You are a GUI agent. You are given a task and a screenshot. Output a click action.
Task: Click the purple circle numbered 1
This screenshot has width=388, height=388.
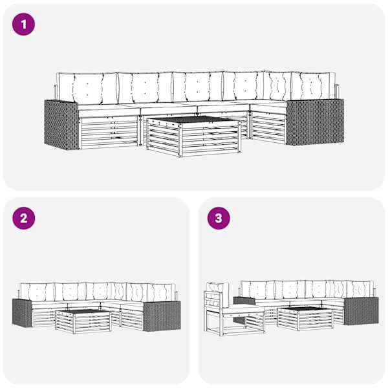(x=23, y=25)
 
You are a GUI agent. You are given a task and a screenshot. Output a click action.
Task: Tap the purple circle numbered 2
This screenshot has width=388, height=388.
(x=23, y=218)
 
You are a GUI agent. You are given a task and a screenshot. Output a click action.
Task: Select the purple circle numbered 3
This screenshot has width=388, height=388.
(x=219, y=218)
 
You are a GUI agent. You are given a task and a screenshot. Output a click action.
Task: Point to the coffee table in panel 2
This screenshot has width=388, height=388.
(x=83, y=321)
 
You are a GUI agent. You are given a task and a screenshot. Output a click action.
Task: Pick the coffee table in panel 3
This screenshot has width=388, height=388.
(x=305, y=318)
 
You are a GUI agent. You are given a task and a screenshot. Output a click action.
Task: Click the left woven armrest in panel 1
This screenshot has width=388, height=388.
(x=61, y=125)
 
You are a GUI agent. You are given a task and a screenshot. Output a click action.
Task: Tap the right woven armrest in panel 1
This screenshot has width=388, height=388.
(x=315, y=122)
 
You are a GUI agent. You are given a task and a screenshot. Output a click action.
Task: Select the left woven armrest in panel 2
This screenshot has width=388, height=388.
(x=22, y=313)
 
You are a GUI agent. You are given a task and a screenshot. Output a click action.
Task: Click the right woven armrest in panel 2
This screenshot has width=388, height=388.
(x=162, y=316)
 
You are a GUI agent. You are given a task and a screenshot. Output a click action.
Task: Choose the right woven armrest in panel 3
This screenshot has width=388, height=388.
(x=361, y=311)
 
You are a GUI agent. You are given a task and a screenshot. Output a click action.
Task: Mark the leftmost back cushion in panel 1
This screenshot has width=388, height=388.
(x=87, y=89)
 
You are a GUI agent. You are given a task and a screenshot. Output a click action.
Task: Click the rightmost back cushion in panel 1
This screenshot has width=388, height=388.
(x=314, y=85)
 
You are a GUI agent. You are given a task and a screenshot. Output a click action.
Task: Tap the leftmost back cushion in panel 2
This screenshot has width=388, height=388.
(x=38, y=292)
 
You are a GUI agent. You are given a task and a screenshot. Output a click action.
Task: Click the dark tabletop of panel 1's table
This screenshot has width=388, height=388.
(x=194, y=119)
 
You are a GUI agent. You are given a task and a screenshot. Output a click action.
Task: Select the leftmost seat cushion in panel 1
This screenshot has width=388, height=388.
(x=109, y=111)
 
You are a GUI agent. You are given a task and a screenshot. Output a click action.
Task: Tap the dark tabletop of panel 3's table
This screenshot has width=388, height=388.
(x=305, y=309)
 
